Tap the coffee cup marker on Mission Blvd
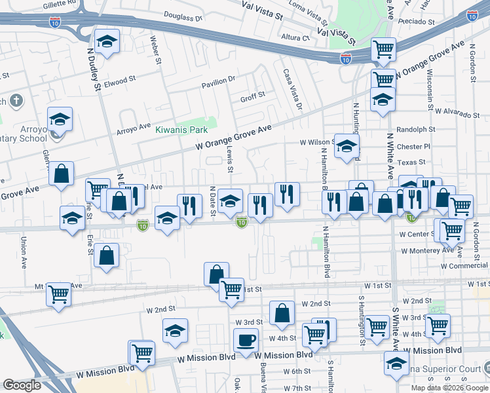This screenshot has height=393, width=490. (246, 341)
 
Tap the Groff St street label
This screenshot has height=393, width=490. (252, 96)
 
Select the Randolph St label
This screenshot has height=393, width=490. (415, 130)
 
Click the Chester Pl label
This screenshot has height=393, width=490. (413, 147)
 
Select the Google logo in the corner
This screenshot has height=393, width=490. (22, 385)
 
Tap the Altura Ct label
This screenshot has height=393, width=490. (295, 38)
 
